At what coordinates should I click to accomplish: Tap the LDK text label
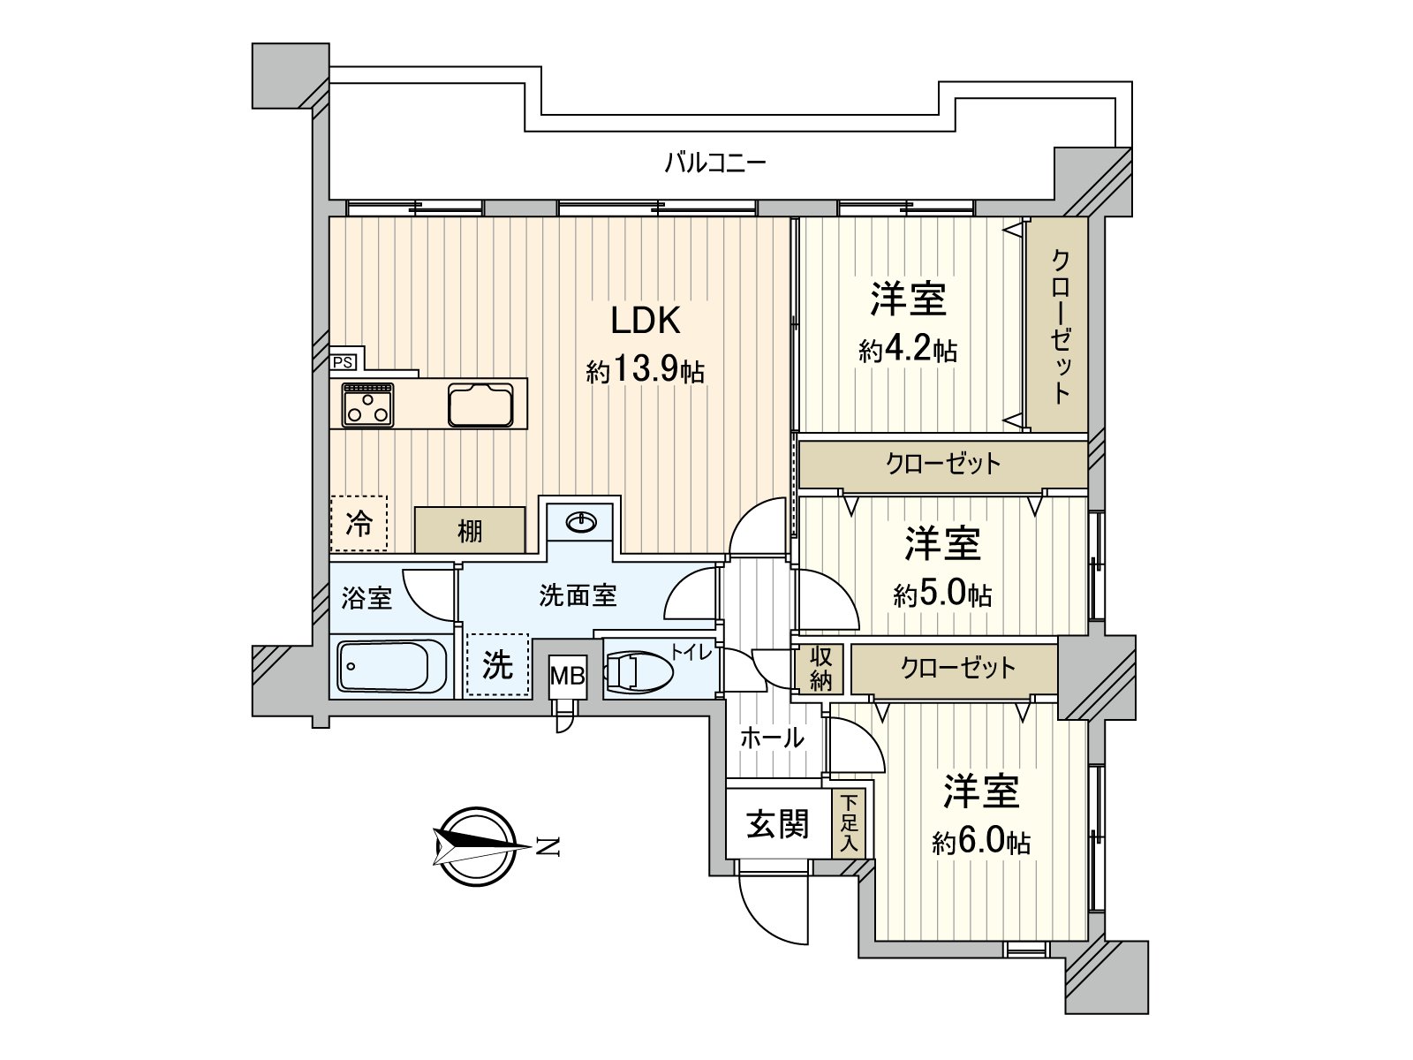coord(645,321)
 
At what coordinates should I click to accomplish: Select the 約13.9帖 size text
coord(645,370)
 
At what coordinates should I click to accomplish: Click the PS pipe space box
coord(343,362)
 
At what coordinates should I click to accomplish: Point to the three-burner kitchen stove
coord(367,405)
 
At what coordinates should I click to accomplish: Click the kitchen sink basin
coord(480,405)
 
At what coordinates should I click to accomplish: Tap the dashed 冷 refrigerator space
coord(359,524)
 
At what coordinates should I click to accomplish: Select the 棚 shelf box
coord(470,530)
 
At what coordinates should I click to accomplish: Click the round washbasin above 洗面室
coord(580,523)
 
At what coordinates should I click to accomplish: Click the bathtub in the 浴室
coord(393,666)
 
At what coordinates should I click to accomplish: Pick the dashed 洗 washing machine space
coord(497,664)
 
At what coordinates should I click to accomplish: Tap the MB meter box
coord(567,677)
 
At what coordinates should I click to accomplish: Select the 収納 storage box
coord(820,669)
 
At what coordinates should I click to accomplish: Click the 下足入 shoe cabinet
coord(849,823)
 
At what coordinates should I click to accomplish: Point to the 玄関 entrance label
coord(777,824)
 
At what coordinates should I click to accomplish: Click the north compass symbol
coord(478,845)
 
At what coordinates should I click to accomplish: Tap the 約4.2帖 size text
coord(908,351)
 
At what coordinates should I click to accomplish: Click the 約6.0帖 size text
coord(980,842)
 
